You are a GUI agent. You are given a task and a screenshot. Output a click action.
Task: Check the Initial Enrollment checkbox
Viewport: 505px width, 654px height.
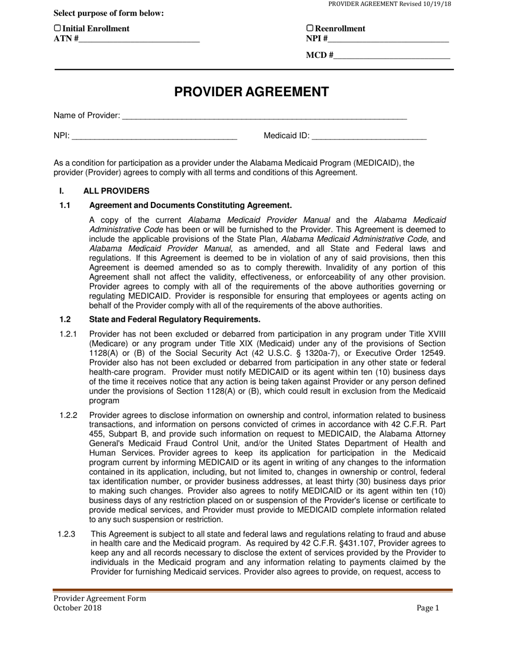pos(57,28)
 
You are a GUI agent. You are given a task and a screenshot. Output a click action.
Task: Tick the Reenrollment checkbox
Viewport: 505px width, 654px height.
pos(310,28)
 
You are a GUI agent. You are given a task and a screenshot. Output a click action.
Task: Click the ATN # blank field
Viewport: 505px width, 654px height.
pos(139,38)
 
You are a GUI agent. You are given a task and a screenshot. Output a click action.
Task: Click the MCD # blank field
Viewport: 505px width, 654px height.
pos(392,55)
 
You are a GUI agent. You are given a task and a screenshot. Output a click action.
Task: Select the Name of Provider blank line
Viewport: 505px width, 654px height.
pos(264,116)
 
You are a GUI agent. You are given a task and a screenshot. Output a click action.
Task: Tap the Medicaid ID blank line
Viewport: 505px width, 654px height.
pos(369,136)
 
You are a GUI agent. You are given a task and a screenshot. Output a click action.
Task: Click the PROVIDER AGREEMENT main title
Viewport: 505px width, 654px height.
pos(251,92)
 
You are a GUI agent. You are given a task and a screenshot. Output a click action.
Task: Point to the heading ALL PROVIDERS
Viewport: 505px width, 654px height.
pos(116,191)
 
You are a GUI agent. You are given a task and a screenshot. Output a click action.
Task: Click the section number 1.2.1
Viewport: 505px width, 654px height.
pos(69,334)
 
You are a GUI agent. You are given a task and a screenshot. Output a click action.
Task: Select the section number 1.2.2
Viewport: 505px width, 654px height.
pos(69,415)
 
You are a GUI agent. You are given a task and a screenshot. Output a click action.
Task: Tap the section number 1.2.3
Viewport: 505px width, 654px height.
pos(67,534)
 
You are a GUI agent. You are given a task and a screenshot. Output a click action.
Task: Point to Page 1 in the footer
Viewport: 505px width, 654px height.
pos(428,608)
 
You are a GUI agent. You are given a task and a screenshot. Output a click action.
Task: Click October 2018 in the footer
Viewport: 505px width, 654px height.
pos(77,608)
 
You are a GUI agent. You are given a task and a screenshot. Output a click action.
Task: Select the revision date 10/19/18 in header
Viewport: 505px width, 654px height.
pos(436,4)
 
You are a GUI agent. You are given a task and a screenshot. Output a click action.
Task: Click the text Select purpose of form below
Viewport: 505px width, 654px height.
pos(109,13)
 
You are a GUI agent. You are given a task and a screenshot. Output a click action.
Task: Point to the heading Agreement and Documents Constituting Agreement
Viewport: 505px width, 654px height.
pos(190,205)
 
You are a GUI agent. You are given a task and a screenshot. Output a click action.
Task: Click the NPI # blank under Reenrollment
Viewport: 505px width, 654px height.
pos(389,38)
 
